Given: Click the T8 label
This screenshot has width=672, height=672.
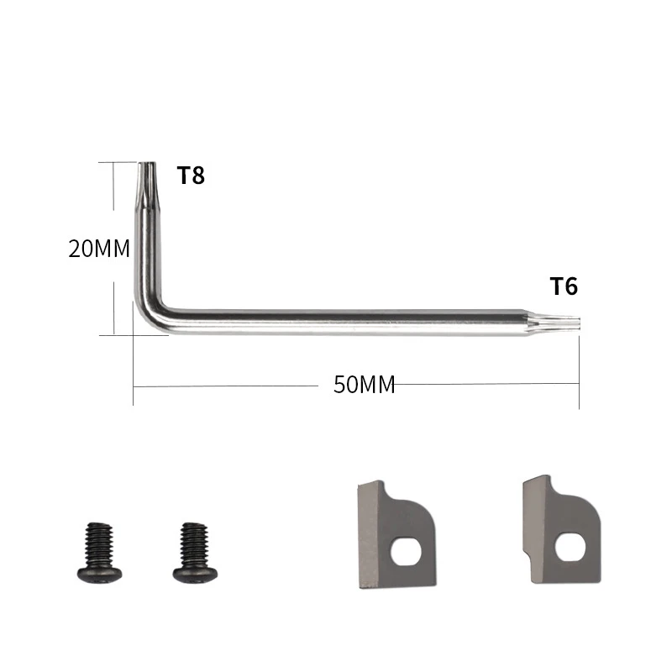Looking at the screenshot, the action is [x=191, y=176].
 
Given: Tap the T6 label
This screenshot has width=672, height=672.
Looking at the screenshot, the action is [x=564, y=286].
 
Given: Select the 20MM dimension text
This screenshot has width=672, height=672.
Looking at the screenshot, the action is [x=99, y=249].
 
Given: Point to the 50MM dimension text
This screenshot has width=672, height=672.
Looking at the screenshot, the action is [x=365, y=385].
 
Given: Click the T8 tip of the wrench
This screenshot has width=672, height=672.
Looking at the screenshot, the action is [x=146, y=165].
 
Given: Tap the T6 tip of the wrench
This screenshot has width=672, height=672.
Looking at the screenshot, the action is [x=578, y=323].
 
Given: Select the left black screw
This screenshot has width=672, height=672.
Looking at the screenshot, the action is [x=99, y=552].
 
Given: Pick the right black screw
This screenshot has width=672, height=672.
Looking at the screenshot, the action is [x=195, y=552].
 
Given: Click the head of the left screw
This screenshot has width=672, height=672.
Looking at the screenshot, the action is [x=99, y=575].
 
